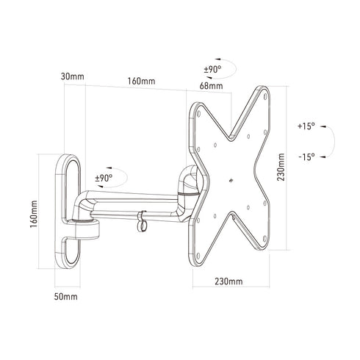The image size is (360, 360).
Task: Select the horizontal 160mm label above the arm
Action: point(140,81)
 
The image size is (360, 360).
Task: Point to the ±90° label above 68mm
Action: point(213,70)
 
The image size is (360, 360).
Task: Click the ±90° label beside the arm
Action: point(103,178)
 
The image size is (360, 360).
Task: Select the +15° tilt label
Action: point(306,126)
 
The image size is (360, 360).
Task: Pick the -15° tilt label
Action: point(306,156)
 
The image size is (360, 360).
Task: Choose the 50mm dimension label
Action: point(65,296)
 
